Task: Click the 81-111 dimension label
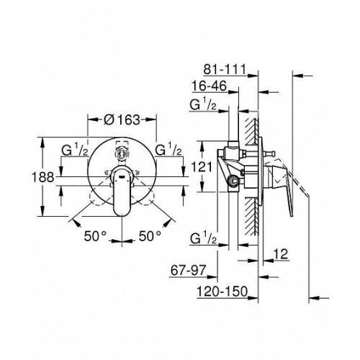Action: (x=225, y=69)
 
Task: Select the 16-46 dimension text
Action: (x=209, y=86)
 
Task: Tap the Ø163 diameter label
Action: (x=122, y=120)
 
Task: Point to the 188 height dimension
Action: (x=43, y=177)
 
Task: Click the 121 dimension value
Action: (x=202, y=167)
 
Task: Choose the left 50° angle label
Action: (x=95, y=236)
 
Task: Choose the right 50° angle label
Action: (x=150, y=236)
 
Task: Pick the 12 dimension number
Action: (x=281, y=253)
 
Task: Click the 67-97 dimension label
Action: (x=188, y=271)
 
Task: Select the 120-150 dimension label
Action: (x=222, y=292)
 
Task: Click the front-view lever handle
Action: (x=122, y=190)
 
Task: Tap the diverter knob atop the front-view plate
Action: (x=122, y=153)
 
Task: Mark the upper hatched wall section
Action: (x=252, y=131)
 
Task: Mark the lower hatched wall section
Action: (x=252, y=216)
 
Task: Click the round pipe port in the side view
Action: (x=233, y=181)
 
